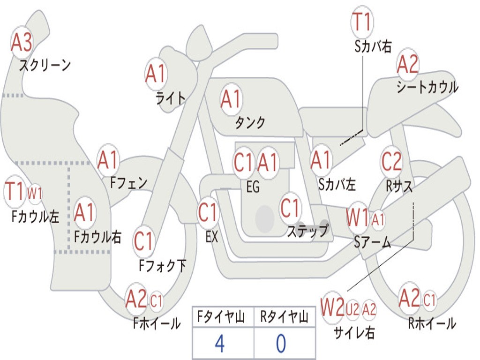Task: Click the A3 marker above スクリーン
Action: tap(21, 42)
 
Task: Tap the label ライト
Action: tap(171, 98)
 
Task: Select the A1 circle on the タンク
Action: tap(231, 99)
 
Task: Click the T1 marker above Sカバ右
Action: tap(362, 22)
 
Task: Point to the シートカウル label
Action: tap(427, 87)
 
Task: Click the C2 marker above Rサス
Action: tap(391, 161)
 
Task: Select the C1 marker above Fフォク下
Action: tap(143, 241)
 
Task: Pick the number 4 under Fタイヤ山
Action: tap(220, 344)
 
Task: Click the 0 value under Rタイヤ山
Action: tap(281, 344)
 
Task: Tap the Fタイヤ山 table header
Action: tap(221, 317)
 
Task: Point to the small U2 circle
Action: tap(352, 309)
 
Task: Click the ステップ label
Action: tap(307, 230)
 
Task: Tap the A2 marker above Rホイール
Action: tap(409, 298)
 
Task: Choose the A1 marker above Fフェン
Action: tap(108, 160)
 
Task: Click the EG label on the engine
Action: tap(253, 187)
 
